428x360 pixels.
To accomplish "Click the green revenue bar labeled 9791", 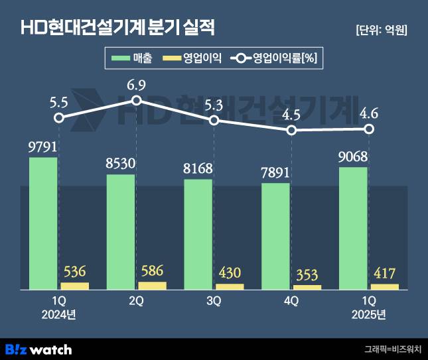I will (x=43, y=223).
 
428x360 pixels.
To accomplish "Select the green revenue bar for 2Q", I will (x=121, y=231).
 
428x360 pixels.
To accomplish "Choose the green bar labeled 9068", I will (x=353, y=228).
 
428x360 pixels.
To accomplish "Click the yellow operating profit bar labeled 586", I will (x=152, y=286).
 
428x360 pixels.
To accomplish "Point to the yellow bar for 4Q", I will (x=307, y=287).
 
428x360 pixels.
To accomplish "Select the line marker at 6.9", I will (x=137, y=100).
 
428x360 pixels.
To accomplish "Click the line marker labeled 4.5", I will (x=291, y=131).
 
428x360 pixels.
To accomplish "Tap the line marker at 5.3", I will (x=214, y=120).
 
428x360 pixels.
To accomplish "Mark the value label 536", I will (x=74, y=271).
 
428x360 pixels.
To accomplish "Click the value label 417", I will (x=384, y=273).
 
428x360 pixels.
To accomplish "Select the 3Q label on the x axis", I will (x=214, y=300).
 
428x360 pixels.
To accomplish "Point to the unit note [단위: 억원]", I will (x=381, y=30).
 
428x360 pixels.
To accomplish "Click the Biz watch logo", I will (x=38, y=349).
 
